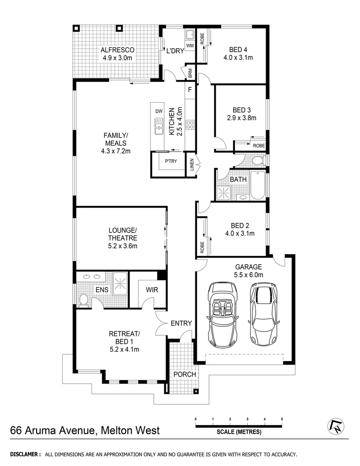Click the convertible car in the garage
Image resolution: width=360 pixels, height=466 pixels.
[x=223, y=315]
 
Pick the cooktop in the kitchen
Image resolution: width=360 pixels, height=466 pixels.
[x=190, y=125]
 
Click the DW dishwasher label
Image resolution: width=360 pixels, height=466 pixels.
[x=159, y=111]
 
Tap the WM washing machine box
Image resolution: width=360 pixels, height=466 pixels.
[x=190, y=45]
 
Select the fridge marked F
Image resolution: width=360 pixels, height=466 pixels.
[x=190, y=91]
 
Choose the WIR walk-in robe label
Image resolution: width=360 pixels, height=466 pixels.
[x=152, y=290]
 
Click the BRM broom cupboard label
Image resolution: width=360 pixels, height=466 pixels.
[x=190, y=72]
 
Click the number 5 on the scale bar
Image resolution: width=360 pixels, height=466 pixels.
[x=282, y=419]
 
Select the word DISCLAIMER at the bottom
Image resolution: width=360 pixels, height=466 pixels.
[x=25, y=454]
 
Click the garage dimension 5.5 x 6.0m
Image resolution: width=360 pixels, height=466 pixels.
[x=249, y=275]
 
